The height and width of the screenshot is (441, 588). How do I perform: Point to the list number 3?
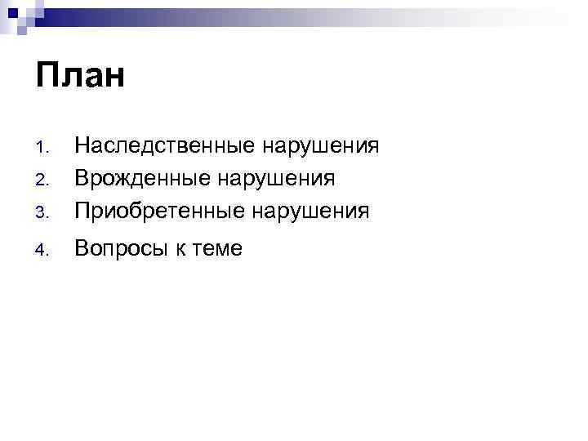tap(43, 212)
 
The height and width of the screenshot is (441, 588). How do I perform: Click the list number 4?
tap(43, 251)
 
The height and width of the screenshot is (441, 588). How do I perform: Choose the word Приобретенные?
tap(159, 211)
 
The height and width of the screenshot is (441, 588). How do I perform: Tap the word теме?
tap(218, 250)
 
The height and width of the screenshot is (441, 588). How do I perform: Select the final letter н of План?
tap(114, 81)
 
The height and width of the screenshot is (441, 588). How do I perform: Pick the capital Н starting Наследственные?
tap(82, 146)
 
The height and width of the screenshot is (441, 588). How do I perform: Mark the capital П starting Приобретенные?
tap(82, 210)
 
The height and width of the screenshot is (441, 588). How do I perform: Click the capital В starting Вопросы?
tap(82, 248)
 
